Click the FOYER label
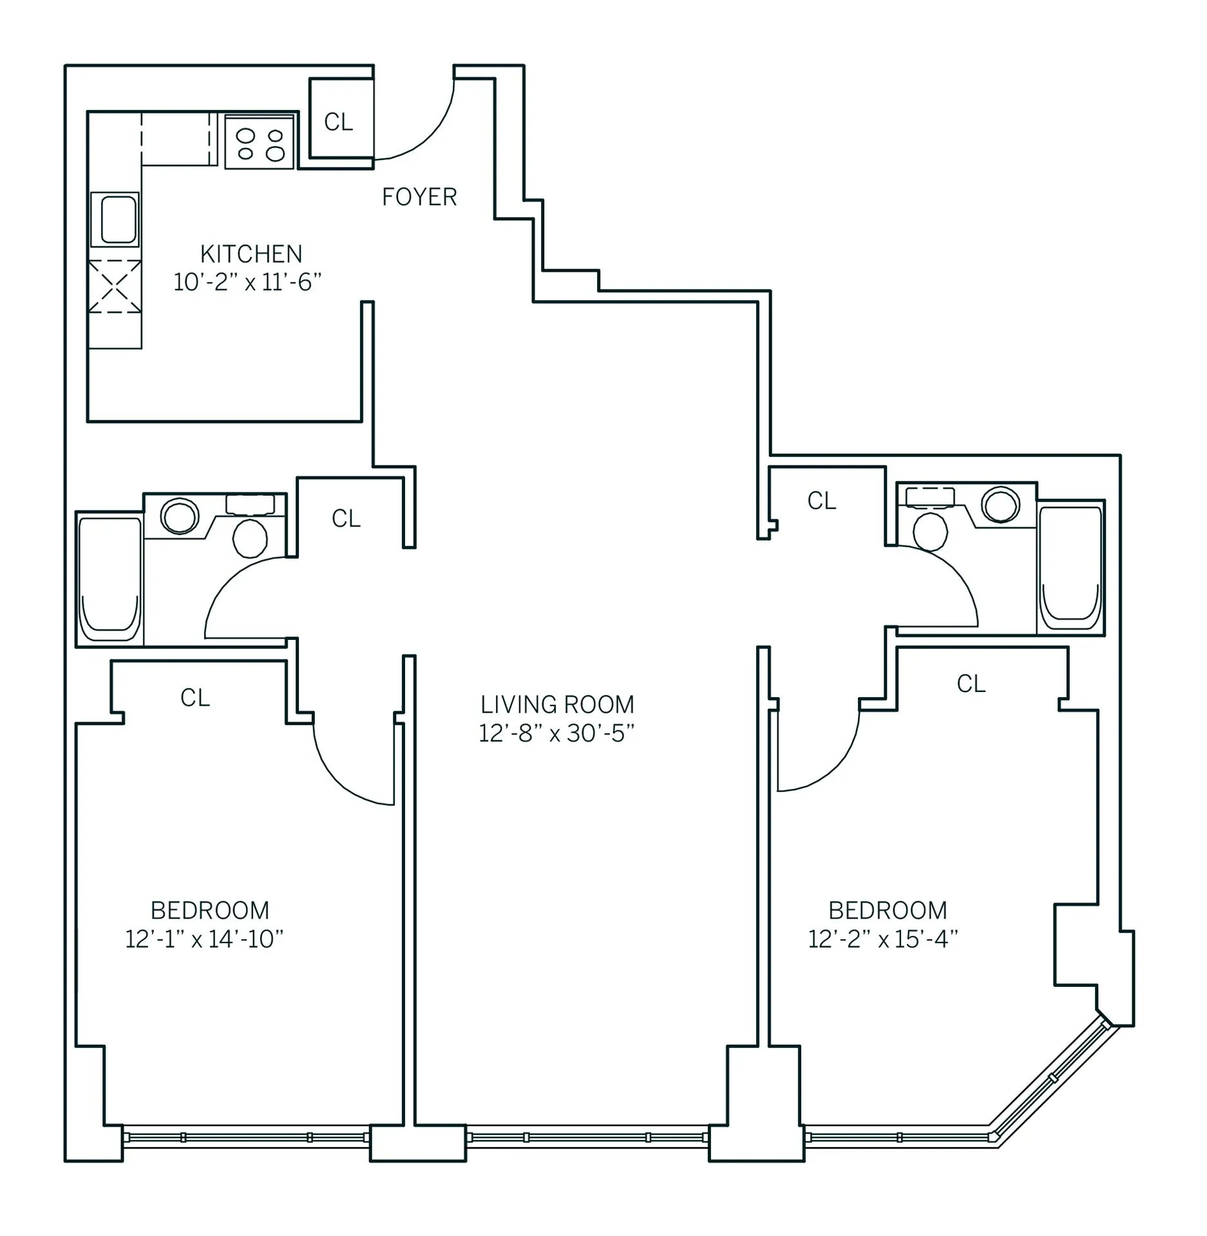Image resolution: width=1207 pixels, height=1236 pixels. click(419, 197)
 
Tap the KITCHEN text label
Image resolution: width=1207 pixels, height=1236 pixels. click(251, 254)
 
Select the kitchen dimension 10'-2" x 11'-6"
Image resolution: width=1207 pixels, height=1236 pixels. click(247, 283)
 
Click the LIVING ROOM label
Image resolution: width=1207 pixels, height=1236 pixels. click(557, 705)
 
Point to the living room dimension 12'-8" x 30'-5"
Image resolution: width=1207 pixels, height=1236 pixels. click(556, 734)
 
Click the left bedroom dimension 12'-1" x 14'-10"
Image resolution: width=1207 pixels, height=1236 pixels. click(204, 939)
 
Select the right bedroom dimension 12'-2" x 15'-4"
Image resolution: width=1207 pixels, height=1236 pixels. click(883, 939)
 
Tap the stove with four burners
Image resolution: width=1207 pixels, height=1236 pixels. click(260, 142)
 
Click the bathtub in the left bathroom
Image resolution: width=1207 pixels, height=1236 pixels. click(109, 579)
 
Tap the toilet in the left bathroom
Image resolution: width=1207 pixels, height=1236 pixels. click(250, 538)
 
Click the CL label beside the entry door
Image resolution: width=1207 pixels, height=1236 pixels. click(339, 122)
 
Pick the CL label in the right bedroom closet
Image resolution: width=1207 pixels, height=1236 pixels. click(971, 684)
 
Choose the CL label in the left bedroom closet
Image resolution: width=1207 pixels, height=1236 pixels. click(195, 698)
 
